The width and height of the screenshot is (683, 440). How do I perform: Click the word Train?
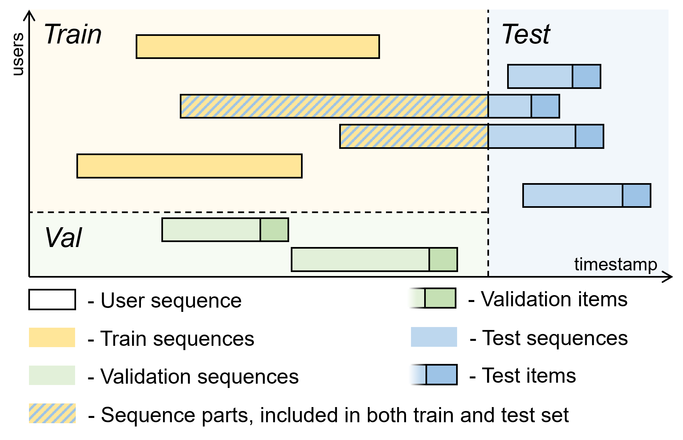[73, 34]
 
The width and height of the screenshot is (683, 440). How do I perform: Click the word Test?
[526, 34]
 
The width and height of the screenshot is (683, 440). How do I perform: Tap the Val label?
[63, 238]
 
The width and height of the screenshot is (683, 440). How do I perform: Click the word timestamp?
[615, 264]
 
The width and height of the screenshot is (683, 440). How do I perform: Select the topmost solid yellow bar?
[258, 47]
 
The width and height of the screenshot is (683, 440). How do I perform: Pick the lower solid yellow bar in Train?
[189, 166]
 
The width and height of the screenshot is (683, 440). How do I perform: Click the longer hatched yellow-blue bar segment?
[334, 106]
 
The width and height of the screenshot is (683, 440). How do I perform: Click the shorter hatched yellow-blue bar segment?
[414, 136]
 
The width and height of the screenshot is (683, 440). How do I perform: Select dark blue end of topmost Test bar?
[587, 76]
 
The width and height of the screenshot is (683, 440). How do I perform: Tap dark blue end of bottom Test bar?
[637, 196]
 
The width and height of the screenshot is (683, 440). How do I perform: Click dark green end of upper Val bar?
[274, 230]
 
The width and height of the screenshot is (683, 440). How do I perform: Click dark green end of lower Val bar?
[443, 260]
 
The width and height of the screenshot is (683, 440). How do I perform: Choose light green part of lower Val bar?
[360, 260]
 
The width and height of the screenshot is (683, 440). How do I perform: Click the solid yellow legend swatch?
[52, 337]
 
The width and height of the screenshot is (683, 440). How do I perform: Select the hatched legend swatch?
[52, 413]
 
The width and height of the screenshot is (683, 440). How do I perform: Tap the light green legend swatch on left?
[52, 375]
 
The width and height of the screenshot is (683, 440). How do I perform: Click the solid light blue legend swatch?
[434, 337]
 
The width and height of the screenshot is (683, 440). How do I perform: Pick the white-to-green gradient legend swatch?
[427, 298]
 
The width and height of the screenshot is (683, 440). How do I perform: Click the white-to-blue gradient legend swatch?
[429, 374]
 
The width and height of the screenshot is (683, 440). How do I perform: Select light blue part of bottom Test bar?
[572, 196]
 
